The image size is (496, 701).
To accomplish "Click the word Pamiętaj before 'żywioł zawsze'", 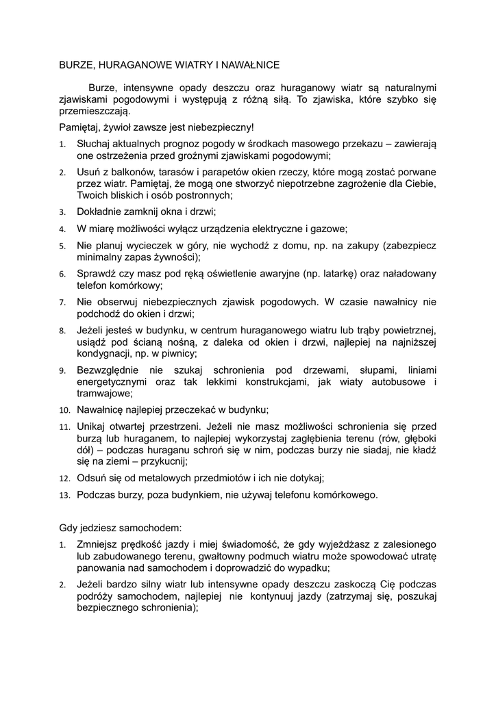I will [79, 127].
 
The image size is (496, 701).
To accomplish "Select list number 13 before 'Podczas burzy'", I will [64, 495].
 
